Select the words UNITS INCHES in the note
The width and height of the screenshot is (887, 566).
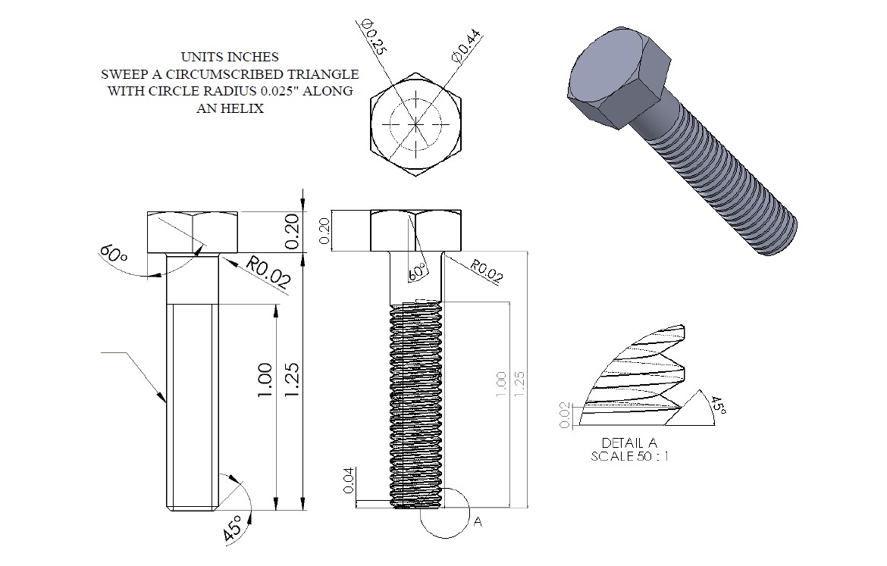tap(230, 57)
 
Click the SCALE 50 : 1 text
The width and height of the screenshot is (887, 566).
tap(630, 457)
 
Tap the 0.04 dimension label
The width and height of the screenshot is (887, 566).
tap(349, 480)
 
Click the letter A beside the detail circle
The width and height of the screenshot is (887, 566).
tap(478, 522)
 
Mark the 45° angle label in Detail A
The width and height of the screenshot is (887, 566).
tap(716, 405)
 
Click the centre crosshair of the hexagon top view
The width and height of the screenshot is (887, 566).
tap(415, 124)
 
